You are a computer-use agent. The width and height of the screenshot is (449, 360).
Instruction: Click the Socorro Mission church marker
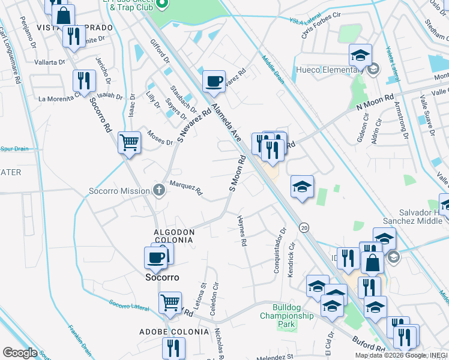(x=159, y=190)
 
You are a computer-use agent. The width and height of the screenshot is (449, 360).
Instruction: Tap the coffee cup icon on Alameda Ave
(x=213, y=82)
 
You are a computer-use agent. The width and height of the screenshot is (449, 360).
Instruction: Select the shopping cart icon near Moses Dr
(x=129, y=143)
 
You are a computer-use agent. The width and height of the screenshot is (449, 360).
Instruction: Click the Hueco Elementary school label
(x=328, y=70)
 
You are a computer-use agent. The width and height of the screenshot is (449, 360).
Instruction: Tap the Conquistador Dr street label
(x=279, y=250)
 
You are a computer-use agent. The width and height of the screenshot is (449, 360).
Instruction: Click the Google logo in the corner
(x=20, y=353)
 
